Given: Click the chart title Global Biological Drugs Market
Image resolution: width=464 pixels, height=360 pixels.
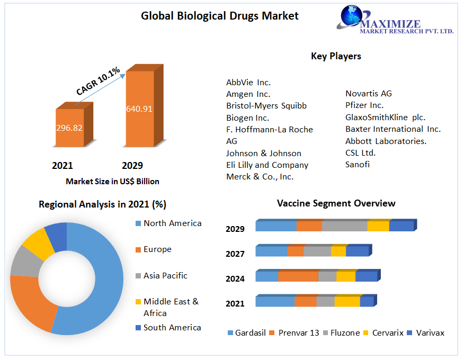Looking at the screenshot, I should (219, 16).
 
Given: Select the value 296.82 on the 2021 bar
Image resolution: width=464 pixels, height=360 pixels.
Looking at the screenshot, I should (69, 128).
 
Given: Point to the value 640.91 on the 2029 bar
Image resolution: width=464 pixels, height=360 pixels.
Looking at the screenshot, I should (139, 109).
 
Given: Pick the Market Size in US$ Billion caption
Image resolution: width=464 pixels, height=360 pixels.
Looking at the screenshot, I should (112, 181).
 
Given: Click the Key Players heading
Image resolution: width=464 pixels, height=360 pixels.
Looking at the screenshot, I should (336, 56).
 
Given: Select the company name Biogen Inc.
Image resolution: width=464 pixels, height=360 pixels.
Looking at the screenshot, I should (247, 118).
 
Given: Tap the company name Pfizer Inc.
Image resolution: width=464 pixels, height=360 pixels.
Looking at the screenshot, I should (364, 105).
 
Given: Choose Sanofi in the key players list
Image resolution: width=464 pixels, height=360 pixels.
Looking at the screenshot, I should (358, 165).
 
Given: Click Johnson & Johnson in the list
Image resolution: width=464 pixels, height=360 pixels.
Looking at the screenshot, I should (263, 153).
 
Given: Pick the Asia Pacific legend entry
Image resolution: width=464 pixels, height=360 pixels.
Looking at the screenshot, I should (165, 276).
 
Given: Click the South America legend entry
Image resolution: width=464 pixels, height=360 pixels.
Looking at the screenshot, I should (172, 328).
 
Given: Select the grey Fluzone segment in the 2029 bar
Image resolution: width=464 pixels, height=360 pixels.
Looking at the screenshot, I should (344, 226).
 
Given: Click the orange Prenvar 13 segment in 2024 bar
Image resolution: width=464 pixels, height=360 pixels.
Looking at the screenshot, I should (298, 276).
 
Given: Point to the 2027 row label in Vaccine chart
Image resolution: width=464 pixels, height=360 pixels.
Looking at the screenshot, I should (235, 254).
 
